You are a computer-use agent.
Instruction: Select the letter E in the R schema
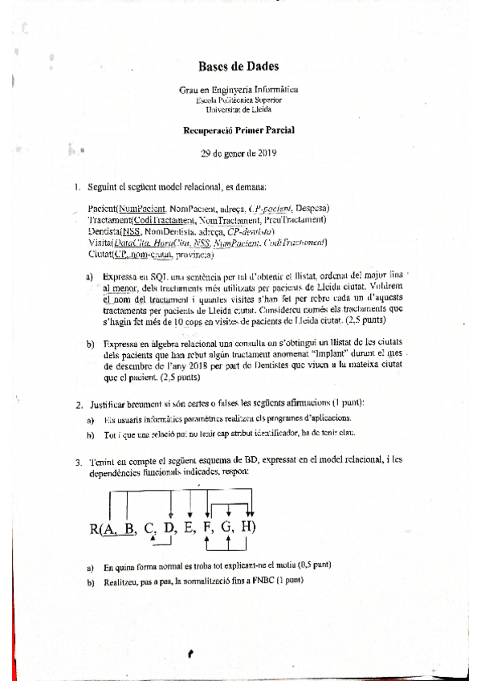coord(189,528)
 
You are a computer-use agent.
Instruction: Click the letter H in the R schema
coord(247,528)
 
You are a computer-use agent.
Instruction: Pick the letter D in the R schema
coord(169,528)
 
